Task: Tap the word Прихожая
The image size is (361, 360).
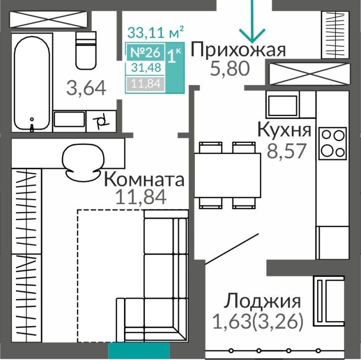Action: click(238, 50)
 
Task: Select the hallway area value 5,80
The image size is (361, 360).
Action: click(230, 68)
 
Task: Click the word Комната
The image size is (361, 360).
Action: click(144, 180)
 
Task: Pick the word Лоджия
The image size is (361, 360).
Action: click(262, 301)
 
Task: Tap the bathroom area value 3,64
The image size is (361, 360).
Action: click(86, 88)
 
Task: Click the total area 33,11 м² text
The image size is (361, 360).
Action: click(155, 32)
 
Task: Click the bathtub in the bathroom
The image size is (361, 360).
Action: click(32, 82)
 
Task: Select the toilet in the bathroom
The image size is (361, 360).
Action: click(86, 50)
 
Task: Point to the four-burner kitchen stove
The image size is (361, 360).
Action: click(332, 143)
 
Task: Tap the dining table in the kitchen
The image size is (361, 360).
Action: click(227, 175)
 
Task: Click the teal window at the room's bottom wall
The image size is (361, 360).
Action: click(139, 351)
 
